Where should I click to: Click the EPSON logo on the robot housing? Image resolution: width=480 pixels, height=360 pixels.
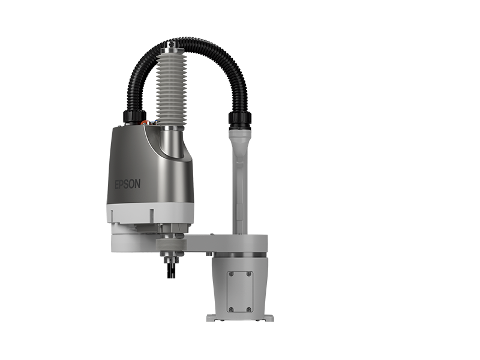click(x=128, y=184)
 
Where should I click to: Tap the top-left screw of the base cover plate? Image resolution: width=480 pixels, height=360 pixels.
click(x=231, y=274)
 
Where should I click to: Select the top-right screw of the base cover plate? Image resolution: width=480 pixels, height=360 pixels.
click(x=249, y=274)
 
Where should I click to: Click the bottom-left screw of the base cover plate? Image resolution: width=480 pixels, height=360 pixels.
click(x=231, y=309)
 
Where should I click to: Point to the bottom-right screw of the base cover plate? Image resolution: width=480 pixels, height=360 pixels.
click(x=249, y=309)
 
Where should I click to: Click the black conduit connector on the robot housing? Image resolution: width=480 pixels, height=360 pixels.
click(x=134, y=116)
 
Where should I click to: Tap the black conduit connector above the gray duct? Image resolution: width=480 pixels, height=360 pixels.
click(x=239, y=120)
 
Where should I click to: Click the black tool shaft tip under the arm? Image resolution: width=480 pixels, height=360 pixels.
click(x=171, y=271)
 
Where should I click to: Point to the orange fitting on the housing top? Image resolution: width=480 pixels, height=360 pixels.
click(x=144, y=122)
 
